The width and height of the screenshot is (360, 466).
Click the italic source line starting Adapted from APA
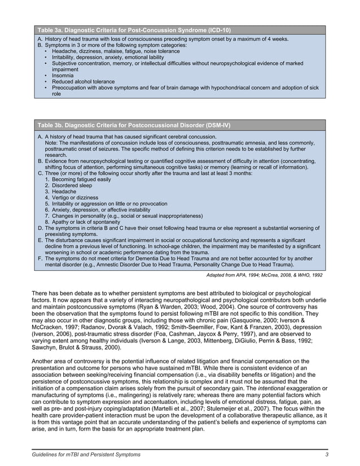point(265,275)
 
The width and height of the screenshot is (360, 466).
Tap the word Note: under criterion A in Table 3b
point(51,143)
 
